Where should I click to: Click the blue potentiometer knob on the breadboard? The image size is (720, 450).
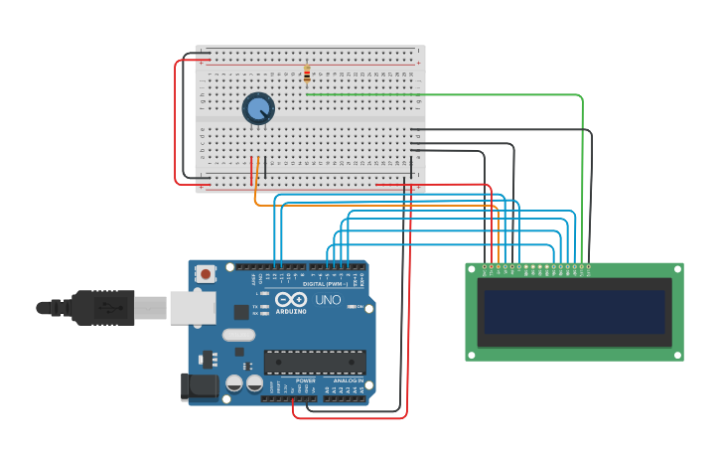258,107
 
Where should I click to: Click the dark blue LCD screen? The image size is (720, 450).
574,312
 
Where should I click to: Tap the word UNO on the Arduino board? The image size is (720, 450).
328,300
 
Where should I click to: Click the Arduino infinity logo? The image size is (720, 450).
292,300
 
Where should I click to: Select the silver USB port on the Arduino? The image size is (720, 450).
192,308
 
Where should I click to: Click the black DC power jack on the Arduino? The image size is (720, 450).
199,386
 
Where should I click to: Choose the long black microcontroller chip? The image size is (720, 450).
315,362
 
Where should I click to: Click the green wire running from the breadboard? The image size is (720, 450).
447,94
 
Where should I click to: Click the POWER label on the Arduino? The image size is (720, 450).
306,380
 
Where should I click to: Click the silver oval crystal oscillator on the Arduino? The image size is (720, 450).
238,335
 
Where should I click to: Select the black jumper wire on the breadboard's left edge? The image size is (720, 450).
186,119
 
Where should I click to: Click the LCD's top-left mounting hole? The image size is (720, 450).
471,268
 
